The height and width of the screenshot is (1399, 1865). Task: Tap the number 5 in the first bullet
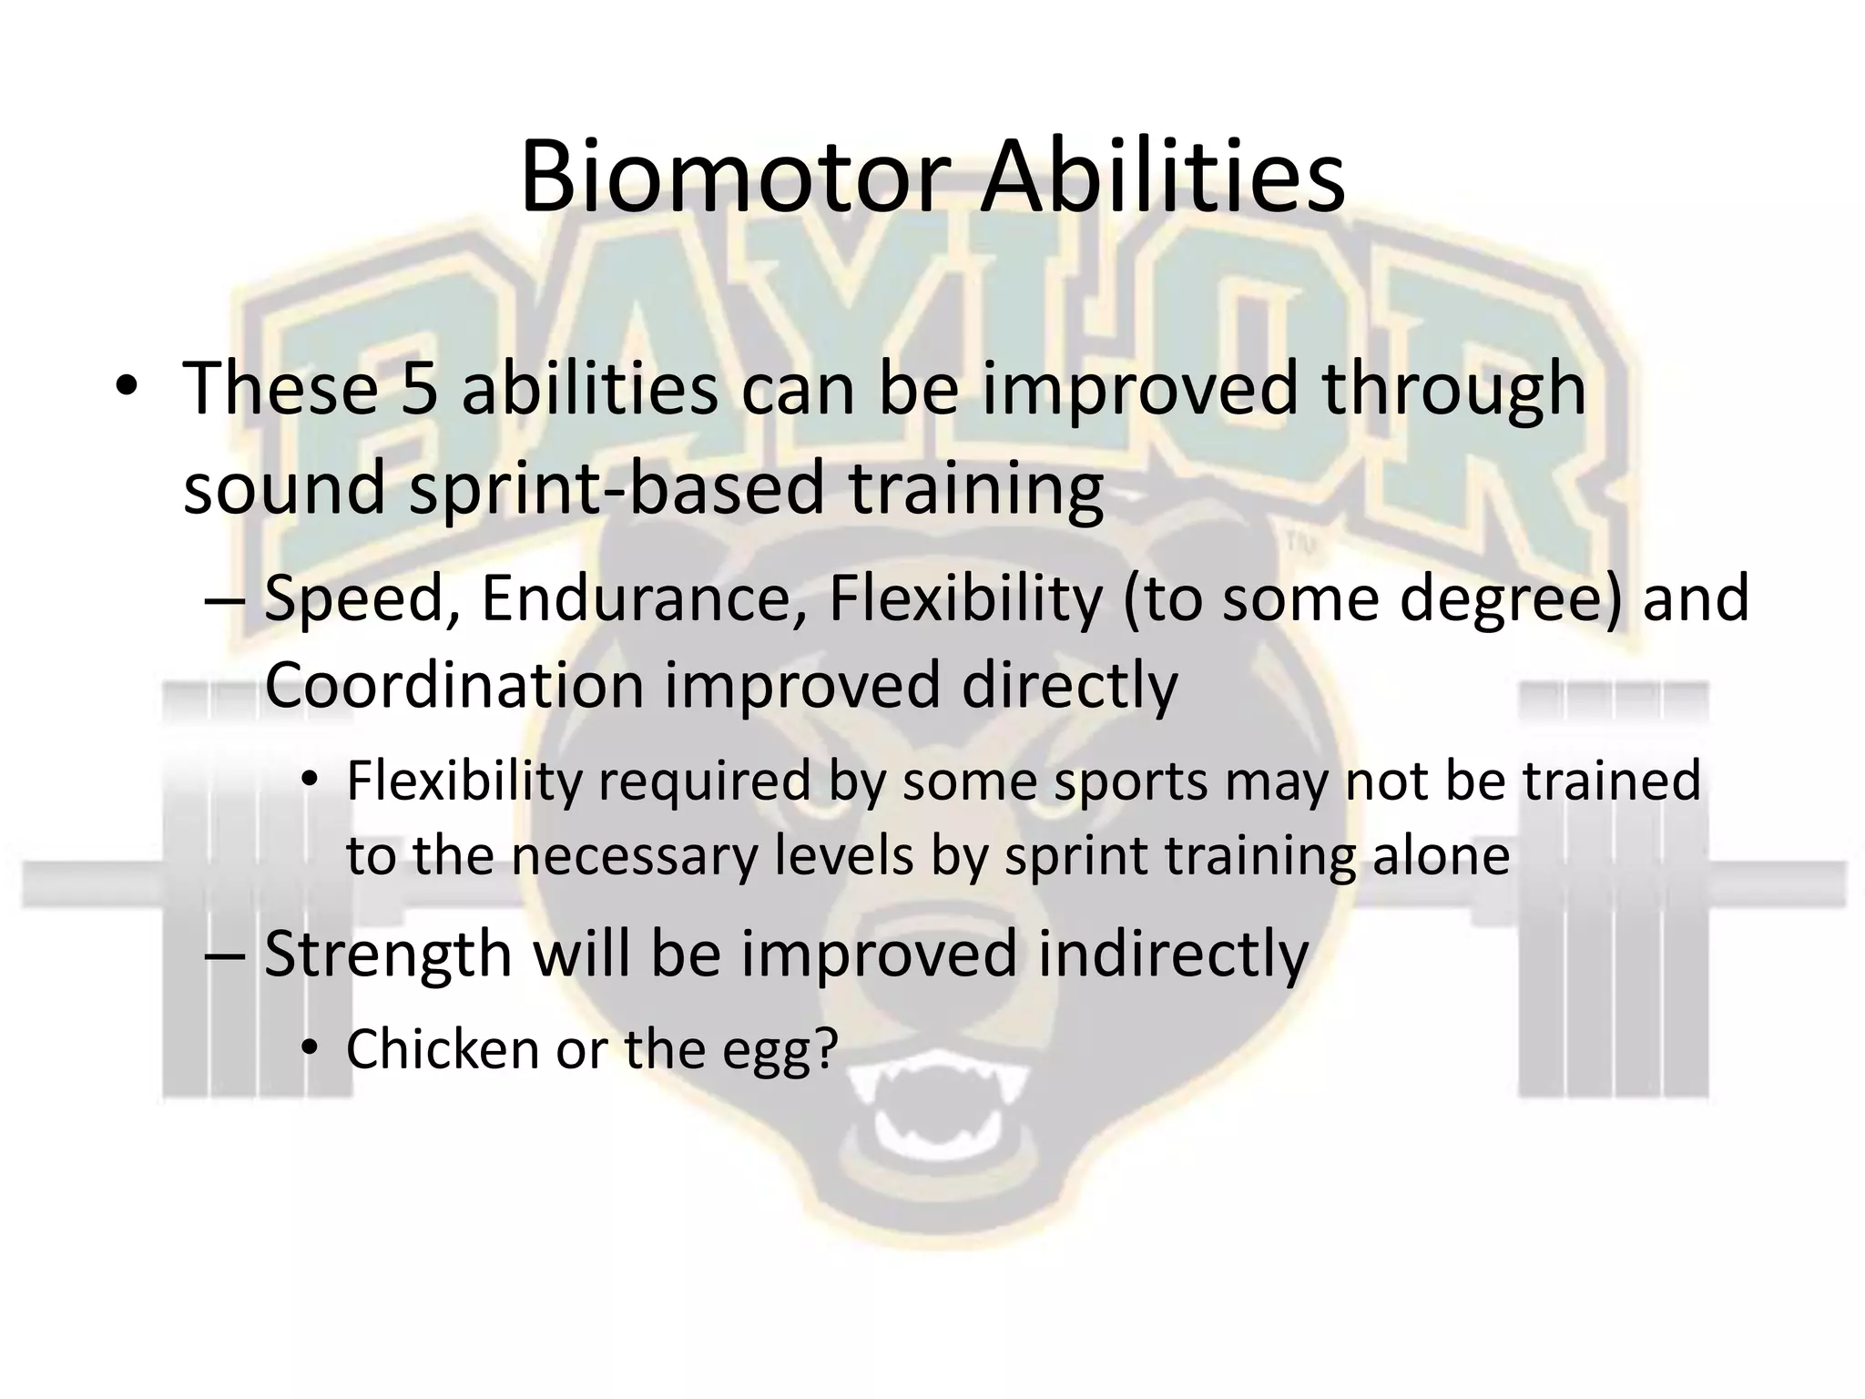coord(419,388)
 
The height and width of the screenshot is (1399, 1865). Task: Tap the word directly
coord(1069,685)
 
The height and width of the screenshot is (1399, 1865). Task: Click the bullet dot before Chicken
coord(310,1050)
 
